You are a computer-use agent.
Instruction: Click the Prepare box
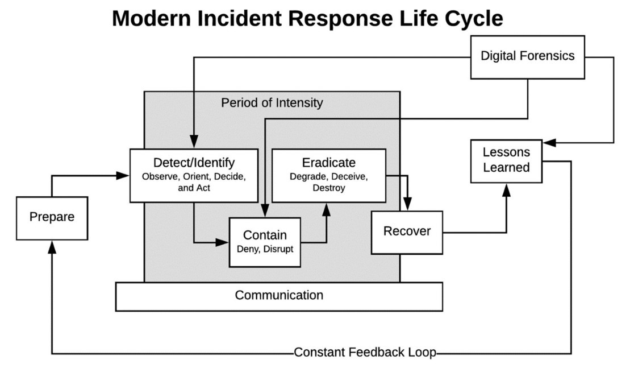(x=52, y=218)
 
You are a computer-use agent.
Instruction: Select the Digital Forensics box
(x=527, y=56)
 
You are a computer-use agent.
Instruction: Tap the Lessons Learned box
(x=506, y=160)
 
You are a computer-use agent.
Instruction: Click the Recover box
(x=407, y=231)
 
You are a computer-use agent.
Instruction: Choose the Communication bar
(x=279, y=296)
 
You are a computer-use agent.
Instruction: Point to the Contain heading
(x=265, y=235)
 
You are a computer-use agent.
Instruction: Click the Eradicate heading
(x=328, y=163)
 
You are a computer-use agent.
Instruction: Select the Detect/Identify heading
(x=194, y=163)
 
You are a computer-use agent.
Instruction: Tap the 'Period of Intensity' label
(x=272, y=103)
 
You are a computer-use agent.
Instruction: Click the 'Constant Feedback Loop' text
(x=365, y=353)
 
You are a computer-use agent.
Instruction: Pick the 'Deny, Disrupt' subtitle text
(x=265, y=249)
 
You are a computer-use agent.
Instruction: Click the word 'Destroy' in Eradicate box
(x=328, y=188)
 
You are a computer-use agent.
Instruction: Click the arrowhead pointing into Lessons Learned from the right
(x=548, y=142)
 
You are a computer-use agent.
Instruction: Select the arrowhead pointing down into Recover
(x=407, y=205)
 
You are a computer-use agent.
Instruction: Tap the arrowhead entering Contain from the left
(x=223, y=242)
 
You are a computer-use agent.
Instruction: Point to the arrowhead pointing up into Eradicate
(x=327, y=208)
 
